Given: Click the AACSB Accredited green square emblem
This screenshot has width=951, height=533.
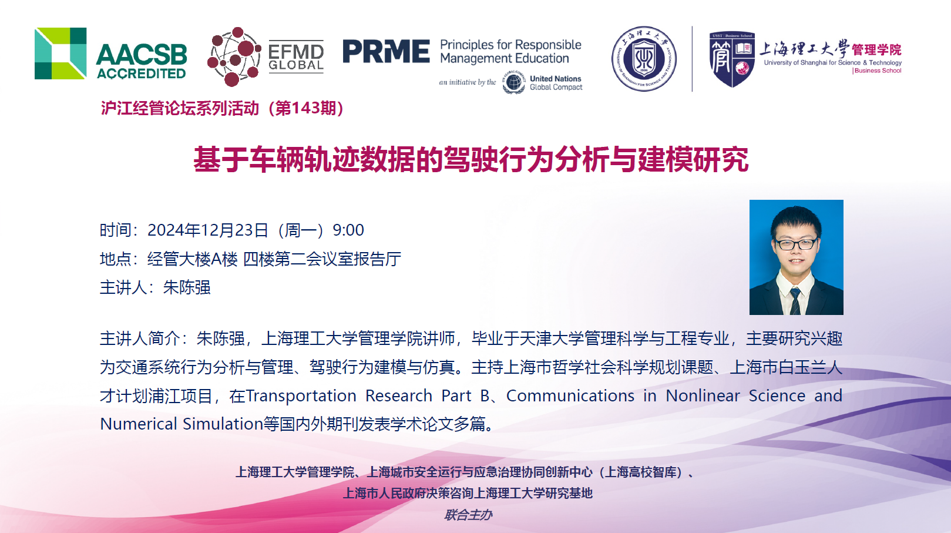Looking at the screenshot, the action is point(61,53).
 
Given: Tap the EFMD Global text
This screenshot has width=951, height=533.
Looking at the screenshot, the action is point(296,58).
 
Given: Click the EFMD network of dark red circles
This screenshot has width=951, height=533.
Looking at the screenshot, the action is point(234,57).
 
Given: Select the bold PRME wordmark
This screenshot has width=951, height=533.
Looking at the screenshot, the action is point(386,51).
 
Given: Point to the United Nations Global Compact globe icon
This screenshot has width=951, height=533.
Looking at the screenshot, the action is point(514,82).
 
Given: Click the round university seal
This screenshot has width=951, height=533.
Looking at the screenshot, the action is point(644,59).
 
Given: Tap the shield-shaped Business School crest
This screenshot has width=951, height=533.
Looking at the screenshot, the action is point(732,59).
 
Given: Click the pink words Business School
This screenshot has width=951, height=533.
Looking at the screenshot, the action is point(878,71).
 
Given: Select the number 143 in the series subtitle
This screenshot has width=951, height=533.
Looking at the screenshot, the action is point(305,108).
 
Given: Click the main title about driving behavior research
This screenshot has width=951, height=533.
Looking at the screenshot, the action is point(471,160).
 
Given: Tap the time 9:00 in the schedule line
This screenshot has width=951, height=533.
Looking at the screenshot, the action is point(348,230).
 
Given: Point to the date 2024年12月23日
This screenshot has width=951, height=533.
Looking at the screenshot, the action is point(207,230).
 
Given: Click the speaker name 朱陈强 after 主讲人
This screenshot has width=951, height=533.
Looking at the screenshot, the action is point(187,287).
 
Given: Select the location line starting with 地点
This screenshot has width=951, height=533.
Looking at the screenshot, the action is point(250,259).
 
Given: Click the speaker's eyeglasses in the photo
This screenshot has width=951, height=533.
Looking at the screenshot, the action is point(795,244).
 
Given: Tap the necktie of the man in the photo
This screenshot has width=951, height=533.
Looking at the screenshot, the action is point(795,301).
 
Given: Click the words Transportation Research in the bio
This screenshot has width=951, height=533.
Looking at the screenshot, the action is point(339,396).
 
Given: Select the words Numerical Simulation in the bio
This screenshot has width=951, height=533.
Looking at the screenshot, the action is point(182,424).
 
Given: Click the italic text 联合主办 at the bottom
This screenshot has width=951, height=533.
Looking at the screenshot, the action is point(468,515).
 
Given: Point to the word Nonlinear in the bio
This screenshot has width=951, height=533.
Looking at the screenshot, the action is point(703,396).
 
